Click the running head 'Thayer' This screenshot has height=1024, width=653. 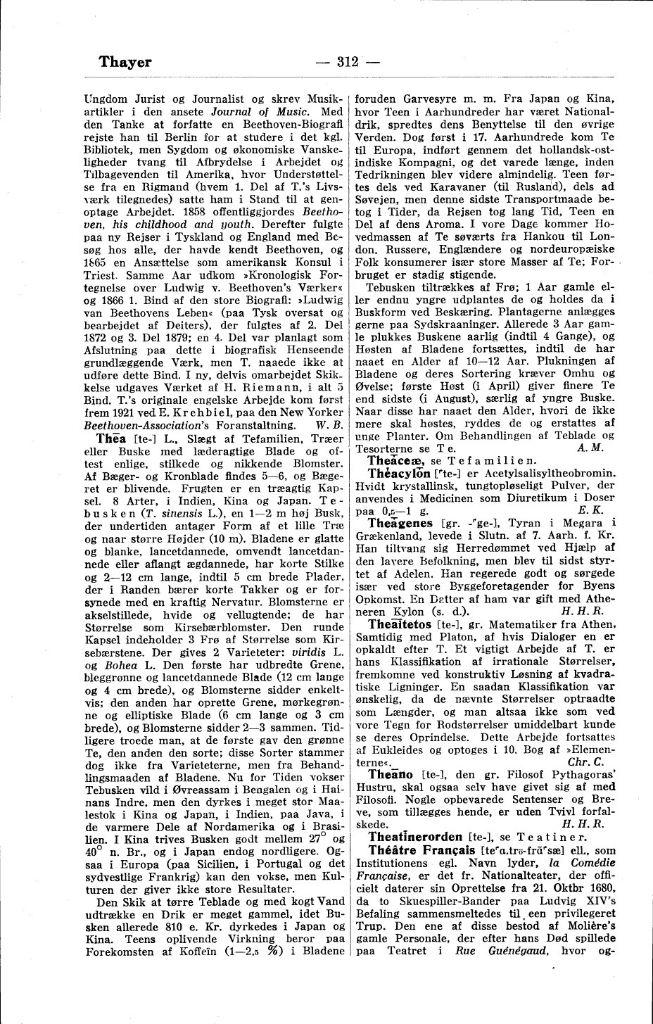pos(125,62)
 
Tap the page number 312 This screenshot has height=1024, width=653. pos(348,62)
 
